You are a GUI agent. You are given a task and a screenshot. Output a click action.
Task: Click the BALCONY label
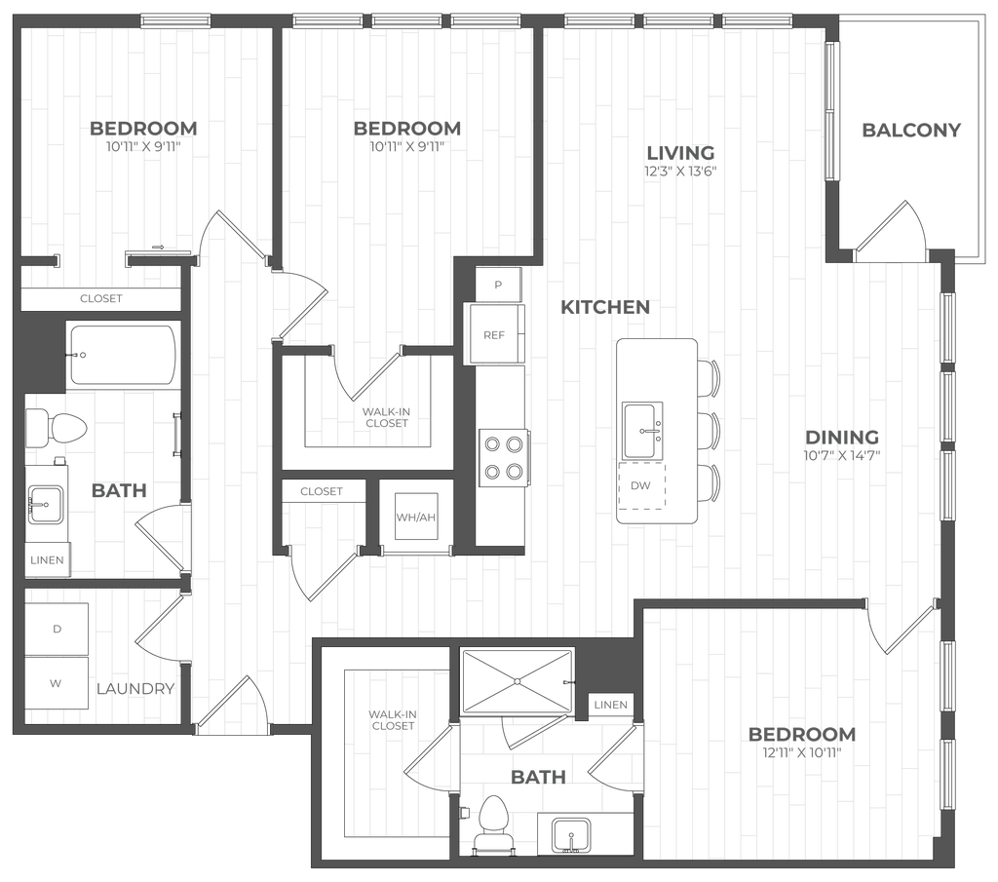911,130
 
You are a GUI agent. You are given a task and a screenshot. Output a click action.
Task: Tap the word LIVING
682,153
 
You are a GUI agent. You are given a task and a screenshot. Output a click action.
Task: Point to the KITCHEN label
604,308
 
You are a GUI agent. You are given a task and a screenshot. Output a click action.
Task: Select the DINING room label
843,436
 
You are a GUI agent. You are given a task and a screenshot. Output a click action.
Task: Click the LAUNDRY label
136,688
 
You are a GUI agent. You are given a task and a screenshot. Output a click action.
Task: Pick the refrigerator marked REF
496,334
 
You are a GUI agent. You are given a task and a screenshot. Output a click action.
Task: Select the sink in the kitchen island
643,427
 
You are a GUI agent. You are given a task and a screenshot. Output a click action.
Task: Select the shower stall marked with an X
516,680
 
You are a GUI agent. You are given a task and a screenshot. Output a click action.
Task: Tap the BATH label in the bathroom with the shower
539,777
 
